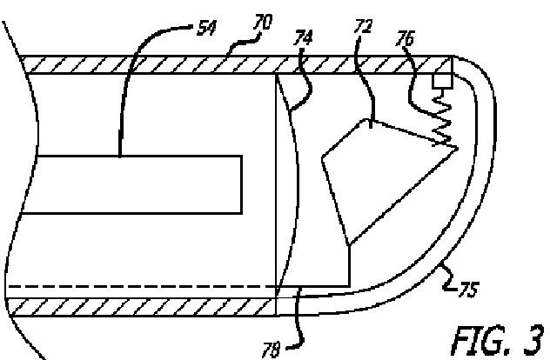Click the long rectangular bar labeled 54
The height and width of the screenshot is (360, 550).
131,183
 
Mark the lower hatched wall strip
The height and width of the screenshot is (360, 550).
148,305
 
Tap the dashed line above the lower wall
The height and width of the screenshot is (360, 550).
139,284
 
